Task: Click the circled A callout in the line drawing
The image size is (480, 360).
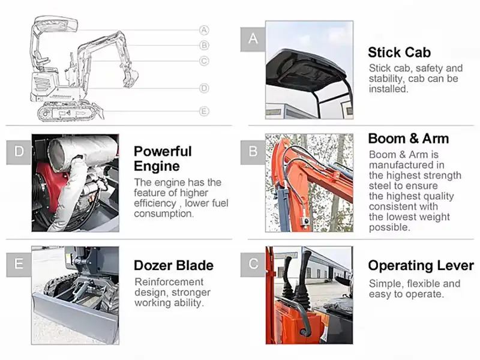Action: [x=204, y=30]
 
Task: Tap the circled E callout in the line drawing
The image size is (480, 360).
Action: [x=204, y=111]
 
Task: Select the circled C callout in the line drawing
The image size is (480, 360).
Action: [x=204, y=61]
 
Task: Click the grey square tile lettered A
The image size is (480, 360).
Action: [x=253, y=39]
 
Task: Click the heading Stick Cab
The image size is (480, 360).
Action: [x=399, y=52]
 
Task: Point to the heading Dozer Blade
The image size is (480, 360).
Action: [x=173, y=265]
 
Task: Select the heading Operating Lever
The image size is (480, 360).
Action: [x=421, y=266]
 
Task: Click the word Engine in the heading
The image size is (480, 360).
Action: [x=157, y=167]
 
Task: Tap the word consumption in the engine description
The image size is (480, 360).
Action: [x=164, y=214]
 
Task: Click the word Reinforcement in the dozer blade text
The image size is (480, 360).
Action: [x=169, y=281]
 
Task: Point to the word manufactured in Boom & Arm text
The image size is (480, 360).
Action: [x=407, y=165]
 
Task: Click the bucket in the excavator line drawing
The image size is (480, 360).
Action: [x=131, y=79]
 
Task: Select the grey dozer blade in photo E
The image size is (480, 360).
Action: [x=75, y=317]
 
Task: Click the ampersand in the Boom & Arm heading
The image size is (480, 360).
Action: [x=413, y=139]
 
